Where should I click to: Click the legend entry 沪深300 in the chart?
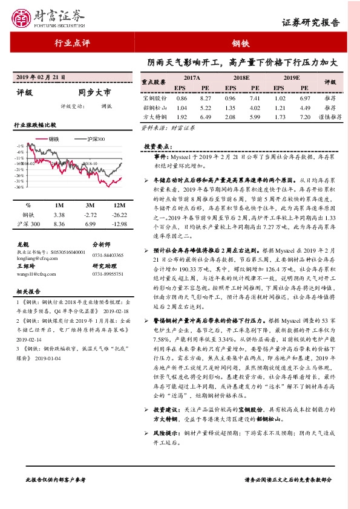coord(94,138)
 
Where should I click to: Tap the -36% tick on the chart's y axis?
coord(20,187)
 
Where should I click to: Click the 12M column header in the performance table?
coord(120,205)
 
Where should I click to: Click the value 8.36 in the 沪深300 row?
coord(59,224)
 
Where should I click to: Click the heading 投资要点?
coord(159,147)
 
